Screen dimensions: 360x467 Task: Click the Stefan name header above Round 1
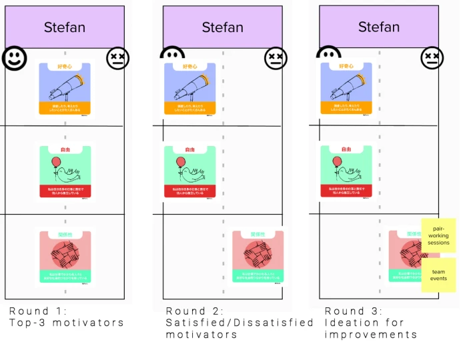[65, 27]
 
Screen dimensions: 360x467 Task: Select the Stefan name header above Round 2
[222, 27]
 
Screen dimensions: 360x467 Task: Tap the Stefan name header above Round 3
[379, 27]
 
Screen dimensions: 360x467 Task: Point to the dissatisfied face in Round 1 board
[117, 58]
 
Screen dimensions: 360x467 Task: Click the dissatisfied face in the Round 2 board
[274, 58]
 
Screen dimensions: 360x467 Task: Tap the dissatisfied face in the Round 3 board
[432, 58]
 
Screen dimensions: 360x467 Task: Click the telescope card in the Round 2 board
[191, 89]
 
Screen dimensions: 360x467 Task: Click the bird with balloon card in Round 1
[65, 172]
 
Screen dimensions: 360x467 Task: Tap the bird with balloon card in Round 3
[346, 172]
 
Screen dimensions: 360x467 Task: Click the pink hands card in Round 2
[258, 256]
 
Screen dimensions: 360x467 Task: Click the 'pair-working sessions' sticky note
[438, 235]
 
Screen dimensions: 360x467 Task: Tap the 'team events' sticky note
[438, 275]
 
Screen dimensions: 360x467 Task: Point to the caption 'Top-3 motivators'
[67, 323]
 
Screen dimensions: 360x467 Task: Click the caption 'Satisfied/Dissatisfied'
[240, 323]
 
